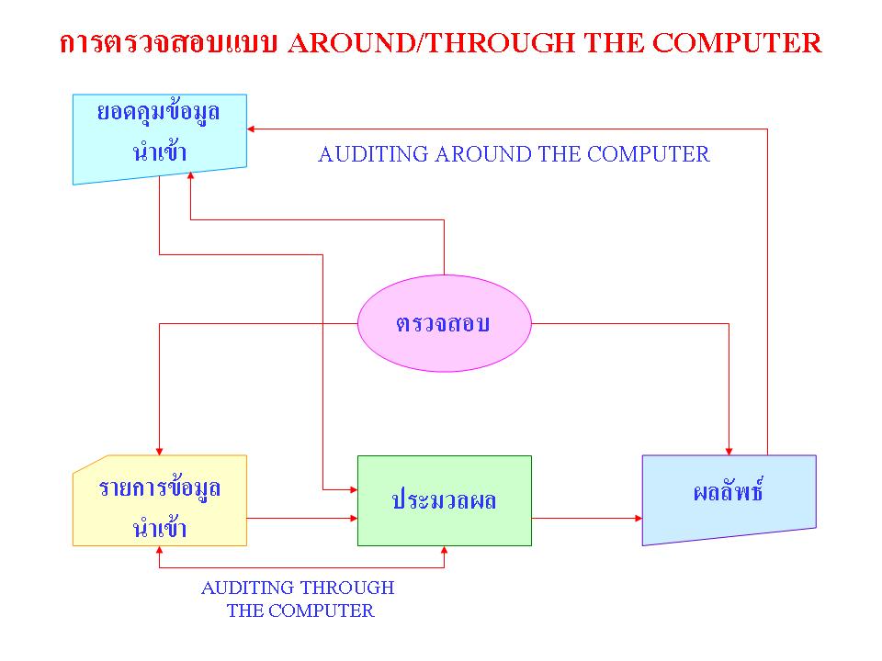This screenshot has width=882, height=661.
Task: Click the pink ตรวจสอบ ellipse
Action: (x=444, y=323)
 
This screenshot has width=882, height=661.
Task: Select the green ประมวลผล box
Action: (x=444, y=500)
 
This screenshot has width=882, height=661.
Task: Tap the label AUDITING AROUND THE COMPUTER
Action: (x=514, y=154)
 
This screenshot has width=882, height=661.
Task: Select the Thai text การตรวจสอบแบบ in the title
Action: (x=169, y=43)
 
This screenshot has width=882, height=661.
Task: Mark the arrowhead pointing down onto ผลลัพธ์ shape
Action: (x=729, y=449)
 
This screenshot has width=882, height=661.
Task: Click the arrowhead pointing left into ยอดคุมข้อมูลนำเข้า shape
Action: (x=254, y=129)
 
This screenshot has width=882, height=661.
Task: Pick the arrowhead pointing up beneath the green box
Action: (x=445, y=552)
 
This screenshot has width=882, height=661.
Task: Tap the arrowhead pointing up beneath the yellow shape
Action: (x=160, y=552)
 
